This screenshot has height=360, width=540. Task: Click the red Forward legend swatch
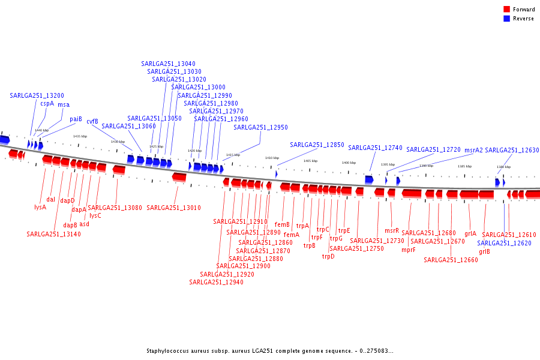[x=506, y=10]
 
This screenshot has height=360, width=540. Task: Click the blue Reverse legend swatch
[x=506, y=19]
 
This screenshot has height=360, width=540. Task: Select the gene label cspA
[x=47, y=103]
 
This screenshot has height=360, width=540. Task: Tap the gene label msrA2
[x=473, y=150]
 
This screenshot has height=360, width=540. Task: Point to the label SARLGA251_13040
[x=168, y=64]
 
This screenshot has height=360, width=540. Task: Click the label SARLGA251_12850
[x=317, y=145]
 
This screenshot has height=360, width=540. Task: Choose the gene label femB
[x=282, y=225]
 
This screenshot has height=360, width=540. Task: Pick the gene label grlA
[x=470, y=233]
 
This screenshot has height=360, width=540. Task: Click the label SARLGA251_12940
[x=217, y=282]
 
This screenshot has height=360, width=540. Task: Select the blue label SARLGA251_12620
[x=505, y=243]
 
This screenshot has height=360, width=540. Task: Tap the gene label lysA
[x=40, y=208]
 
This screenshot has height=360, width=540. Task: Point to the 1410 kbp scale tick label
[x=272, y=158]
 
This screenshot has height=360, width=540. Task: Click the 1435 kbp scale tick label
[x=80, y=136]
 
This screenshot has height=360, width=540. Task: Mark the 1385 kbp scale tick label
[x=464, y=166]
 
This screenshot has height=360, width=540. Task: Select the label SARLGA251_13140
[x=53, y=234]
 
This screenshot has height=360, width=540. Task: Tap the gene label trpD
[x=328, y=256]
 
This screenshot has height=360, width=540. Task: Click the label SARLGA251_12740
[x=375, y=148]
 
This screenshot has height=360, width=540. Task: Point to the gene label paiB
[x=76, y=119]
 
